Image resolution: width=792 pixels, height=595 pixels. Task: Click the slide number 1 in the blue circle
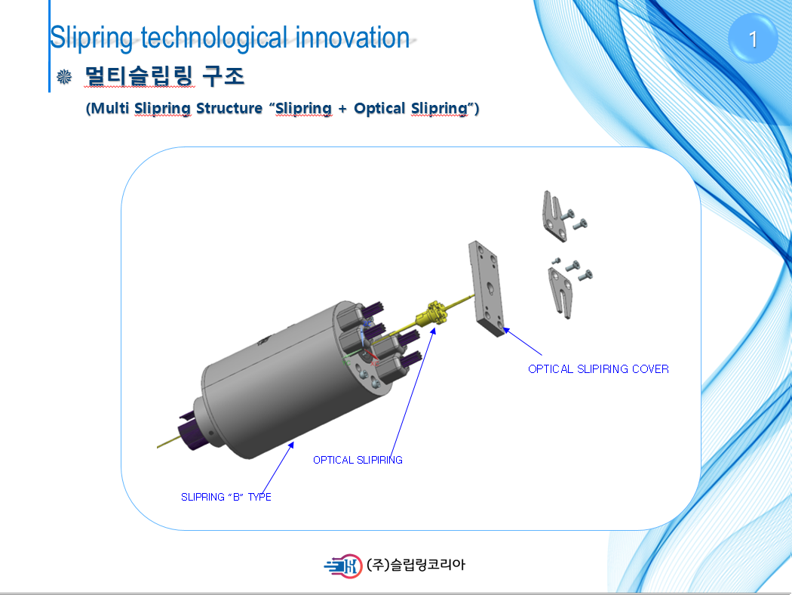click(x=753, y=39)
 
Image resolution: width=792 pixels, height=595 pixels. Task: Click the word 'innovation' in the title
click(x=352, y=38)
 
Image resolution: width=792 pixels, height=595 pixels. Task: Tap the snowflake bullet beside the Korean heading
click(x=64, y=77)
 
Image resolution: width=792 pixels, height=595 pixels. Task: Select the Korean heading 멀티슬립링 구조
click(x=164, y=76)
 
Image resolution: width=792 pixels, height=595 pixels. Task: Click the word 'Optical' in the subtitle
click(x=379, y=108)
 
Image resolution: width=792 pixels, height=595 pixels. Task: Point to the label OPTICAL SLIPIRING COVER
click(x=599, y=369)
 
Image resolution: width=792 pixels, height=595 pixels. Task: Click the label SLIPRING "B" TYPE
click(x=226, y=497)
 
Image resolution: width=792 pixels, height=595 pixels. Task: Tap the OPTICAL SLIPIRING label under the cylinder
click(x=358, y=460)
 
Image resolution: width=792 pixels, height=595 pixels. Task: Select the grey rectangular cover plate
click(x=487, y=288)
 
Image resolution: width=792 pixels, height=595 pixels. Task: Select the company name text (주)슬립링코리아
click(x=416, y=565)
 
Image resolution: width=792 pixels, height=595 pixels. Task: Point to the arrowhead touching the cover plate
click(x=506, y=331)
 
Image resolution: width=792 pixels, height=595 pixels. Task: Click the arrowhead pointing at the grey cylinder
click(x=291, y=445)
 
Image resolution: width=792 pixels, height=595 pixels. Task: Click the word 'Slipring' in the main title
click(x=91, y=39)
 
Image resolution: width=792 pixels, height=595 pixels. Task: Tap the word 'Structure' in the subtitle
click(x=229, y=108)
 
